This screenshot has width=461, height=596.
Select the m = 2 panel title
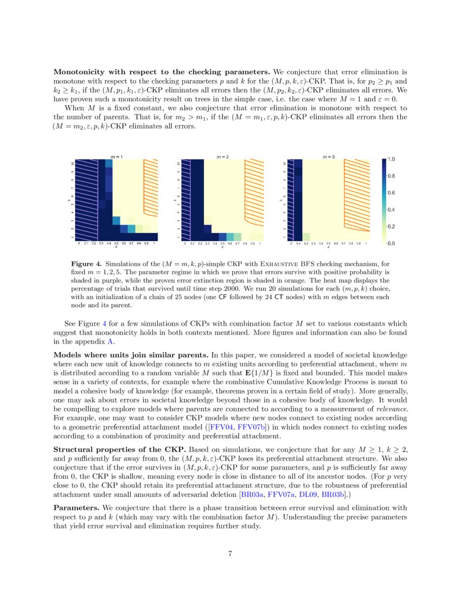(x=222, y=157)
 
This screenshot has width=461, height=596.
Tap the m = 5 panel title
(x=329, y=157)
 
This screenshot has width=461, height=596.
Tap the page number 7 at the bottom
(x=230, y=553)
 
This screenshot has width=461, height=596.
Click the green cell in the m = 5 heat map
(x=306, y=236)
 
